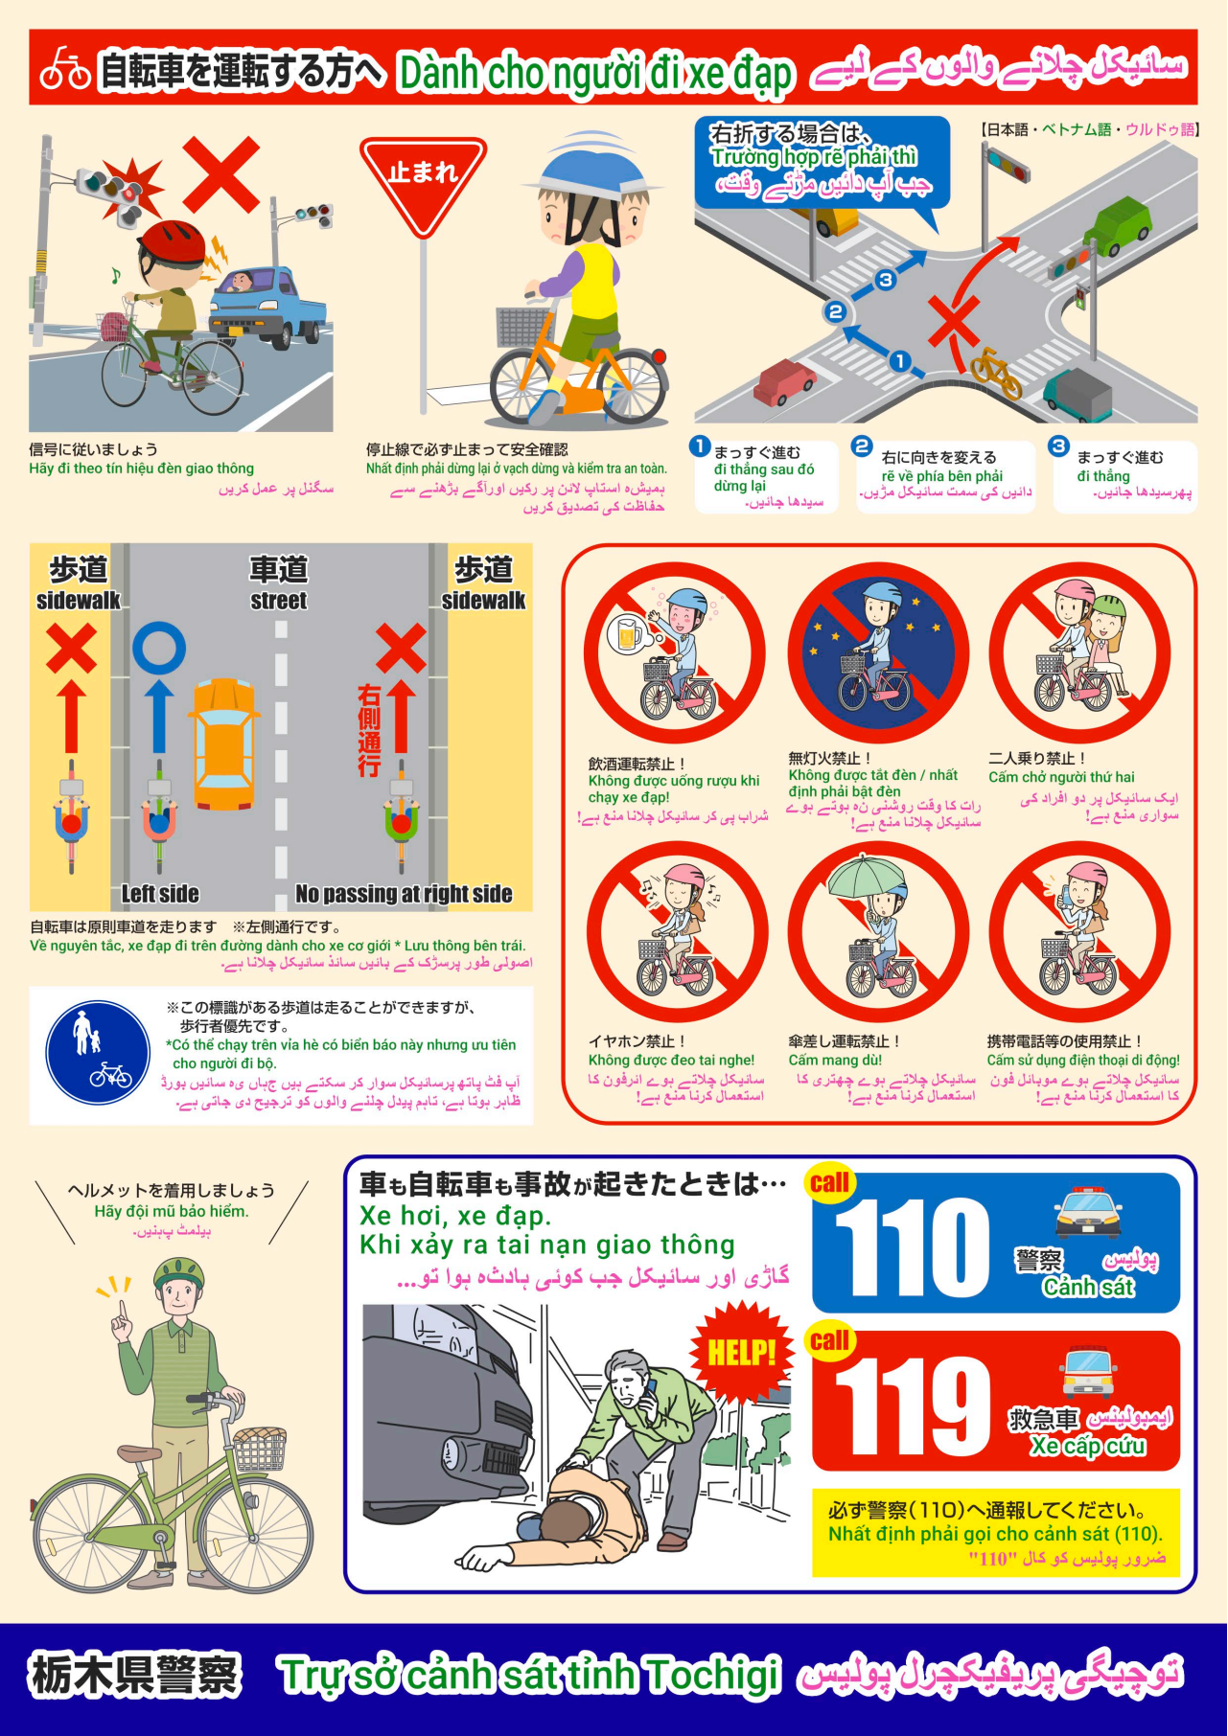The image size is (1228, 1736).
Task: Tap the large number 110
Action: [911, 1248]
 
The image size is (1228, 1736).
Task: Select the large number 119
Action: [912, 1406]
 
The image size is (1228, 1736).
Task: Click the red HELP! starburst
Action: [741, 1352]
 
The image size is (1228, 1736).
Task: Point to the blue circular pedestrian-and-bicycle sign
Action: [98, 1054]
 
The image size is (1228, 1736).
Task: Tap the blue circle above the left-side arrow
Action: [159, 648]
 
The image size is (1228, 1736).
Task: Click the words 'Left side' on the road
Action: [160, 894]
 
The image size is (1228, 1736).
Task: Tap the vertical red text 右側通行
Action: [369, 730]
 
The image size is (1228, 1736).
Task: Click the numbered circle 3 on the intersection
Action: [886, 280]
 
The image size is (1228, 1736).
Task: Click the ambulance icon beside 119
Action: [1089, 1373]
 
